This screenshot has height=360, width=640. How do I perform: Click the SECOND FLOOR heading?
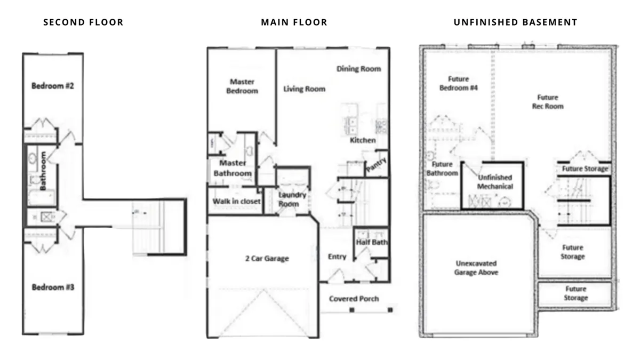(x=83, y=22)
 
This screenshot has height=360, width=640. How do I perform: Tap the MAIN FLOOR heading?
(x=294, y=22)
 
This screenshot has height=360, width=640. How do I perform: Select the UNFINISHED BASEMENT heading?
(x=515, y=22)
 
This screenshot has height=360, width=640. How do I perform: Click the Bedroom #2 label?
(x=53, y=86)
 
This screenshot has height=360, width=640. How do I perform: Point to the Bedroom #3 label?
(x=53, y=287)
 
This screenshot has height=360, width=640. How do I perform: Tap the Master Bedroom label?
(x=242, y=86)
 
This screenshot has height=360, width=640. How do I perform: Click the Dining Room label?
(x=358, y=69)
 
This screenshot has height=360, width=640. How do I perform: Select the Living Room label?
(x=305, y=89)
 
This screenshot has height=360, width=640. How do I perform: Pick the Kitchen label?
(x=363, y=140)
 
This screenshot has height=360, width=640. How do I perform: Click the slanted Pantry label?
(x=377, y=165)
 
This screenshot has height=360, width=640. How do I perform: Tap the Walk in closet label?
(x=237, y=202)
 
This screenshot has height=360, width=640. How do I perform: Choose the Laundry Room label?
(x=292, y=199)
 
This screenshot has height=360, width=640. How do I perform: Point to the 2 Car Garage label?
(x=267, y=259)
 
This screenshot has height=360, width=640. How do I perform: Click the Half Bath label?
(x=372, y=242)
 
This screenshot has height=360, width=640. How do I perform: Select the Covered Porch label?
(x=354, y=299)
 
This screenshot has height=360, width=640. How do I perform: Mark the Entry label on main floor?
(x=337, y=257)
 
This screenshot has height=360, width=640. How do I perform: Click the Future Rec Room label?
(x=548, y=102)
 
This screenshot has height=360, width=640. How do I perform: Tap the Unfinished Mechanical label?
(x=495, y=182)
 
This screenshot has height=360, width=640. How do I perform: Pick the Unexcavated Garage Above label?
(x=476, y=268)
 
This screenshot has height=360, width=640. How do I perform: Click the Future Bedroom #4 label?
(x=459, y=83)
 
